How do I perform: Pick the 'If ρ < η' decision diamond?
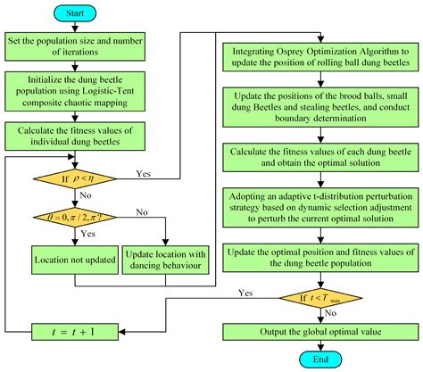tap(65, 176)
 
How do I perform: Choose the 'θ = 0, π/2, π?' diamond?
tap(65, 217)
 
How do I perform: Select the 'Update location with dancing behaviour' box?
tap(166, 260)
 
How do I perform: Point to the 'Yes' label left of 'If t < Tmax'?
tap(245, 292)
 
